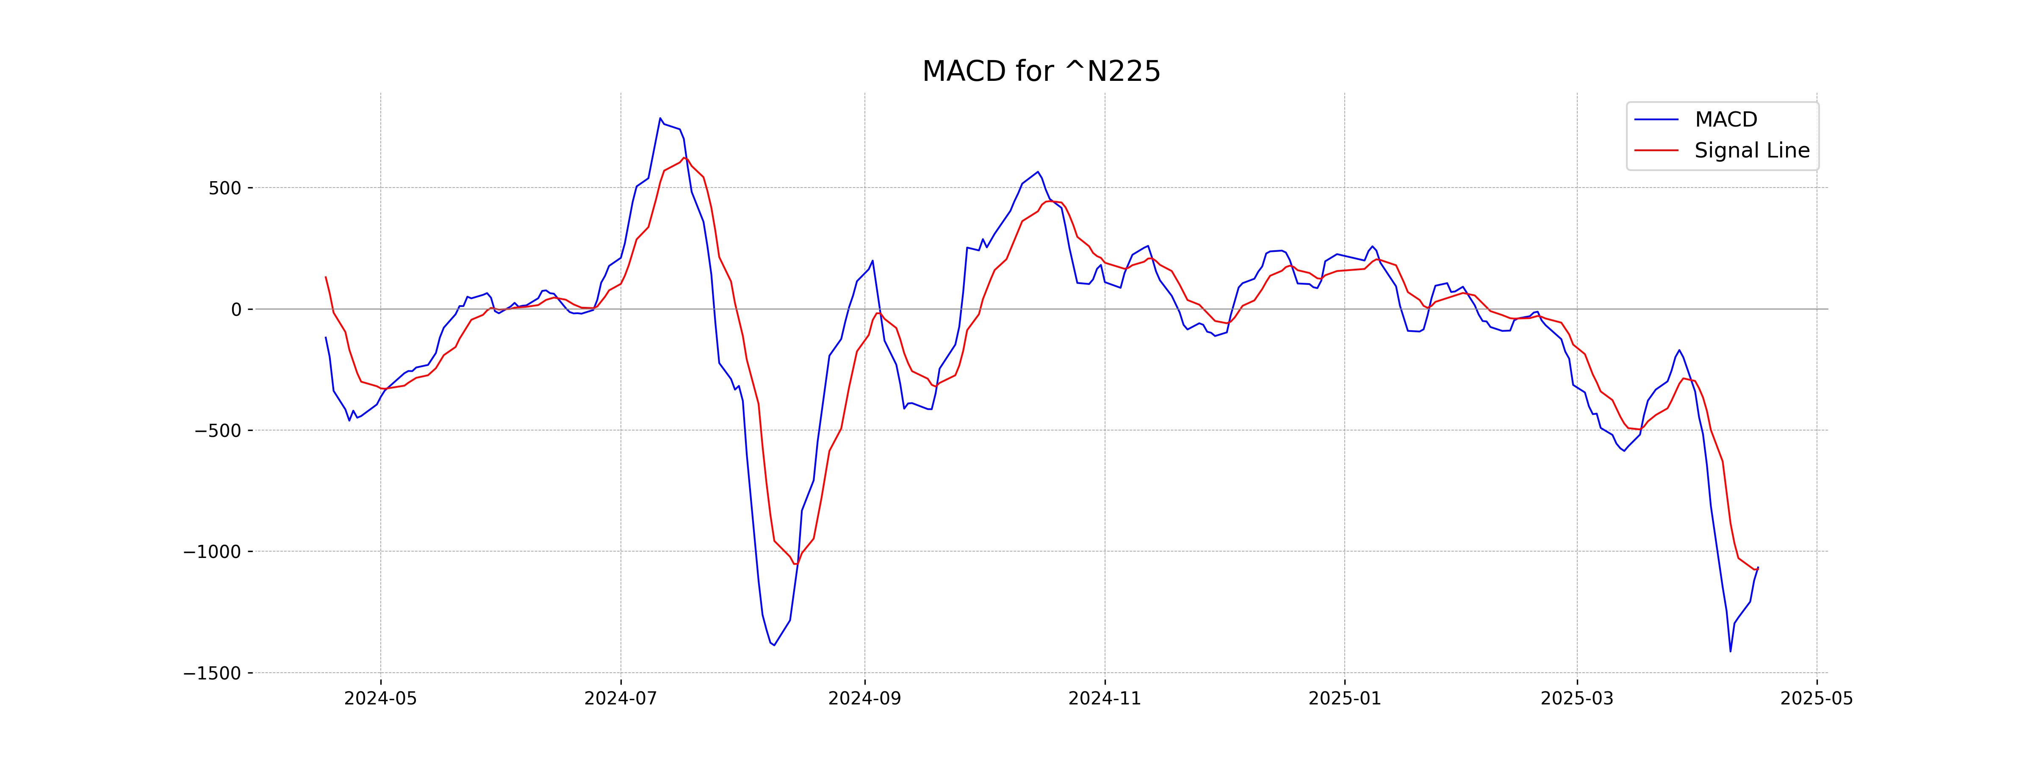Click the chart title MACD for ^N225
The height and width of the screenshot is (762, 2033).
1041,72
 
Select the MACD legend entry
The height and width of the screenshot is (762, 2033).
1725,120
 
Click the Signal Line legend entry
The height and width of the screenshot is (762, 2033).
1751,151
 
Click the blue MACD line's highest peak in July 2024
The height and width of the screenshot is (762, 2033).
660,119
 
